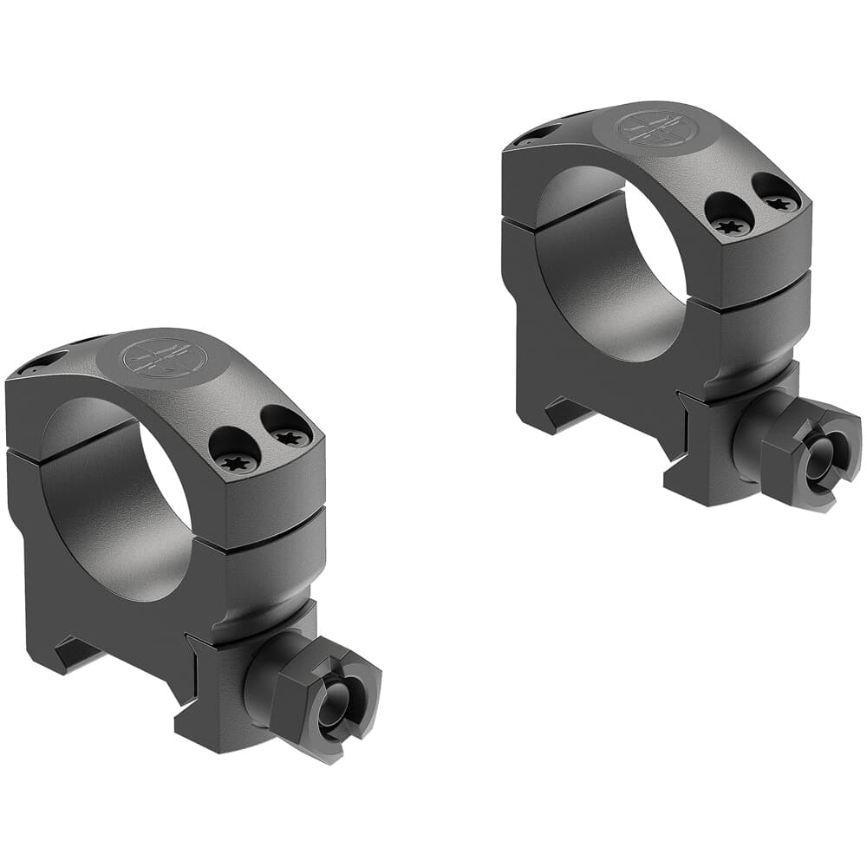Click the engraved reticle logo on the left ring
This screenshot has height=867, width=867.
pos(157,357)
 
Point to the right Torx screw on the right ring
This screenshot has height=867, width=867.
pos(779,202)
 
